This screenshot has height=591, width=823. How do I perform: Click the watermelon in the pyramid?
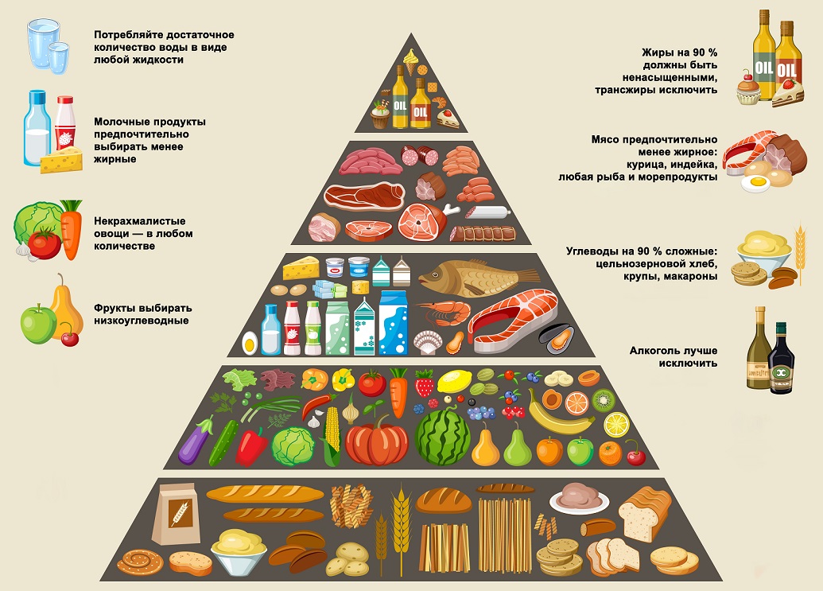click(442, 437)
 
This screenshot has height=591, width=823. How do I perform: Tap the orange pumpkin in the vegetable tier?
click(376, 442)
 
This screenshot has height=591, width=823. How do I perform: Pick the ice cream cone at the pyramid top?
click(411, 61)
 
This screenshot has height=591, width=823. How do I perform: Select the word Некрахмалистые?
click(140, 221)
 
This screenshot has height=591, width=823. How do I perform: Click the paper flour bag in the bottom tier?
click(177, 514)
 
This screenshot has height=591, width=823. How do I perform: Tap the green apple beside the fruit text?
click(38, 324)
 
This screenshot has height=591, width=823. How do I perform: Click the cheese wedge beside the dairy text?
click(61, 160)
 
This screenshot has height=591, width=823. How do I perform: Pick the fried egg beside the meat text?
click(755, 183)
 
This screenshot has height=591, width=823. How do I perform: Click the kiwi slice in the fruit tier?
click(604, 400)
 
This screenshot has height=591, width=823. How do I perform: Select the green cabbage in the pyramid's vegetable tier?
click(293, 446)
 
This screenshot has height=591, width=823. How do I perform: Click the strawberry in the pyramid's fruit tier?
click(424, 383)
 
